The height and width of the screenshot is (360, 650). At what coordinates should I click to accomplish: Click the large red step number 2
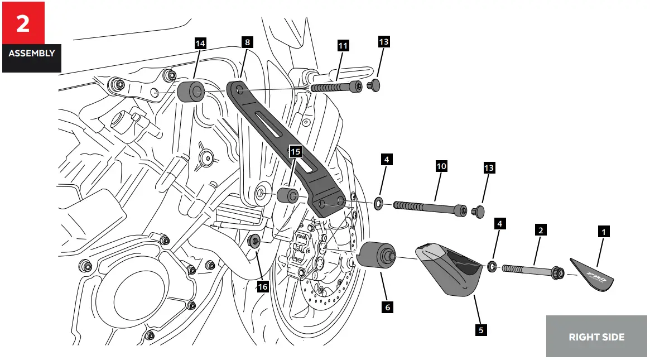[23, 23]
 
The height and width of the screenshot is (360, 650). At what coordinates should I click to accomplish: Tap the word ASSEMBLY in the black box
[31, 54]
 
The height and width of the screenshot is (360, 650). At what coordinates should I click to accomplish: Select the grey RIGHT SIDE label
[596, 337]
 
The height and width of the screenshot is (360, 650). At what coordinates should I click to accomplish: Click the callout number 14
[200, 43]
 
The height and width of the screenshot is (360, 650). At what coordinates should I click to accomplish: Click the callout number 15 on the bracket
[295, 151]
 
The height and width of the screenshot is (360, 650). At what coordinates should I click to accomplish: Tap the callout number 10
[441, 166]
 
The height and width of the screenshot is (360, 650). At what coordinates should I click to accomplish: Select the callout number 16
[262, 286]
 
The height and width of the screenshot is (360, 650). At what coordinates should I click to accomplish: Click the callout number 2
[540, 229]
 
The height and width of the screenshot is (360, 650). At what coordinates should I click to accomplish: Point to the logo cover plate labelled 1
[593, 275]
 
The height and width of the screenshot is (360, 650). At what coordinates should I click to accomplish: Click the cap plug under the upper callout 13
[375, 85]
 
